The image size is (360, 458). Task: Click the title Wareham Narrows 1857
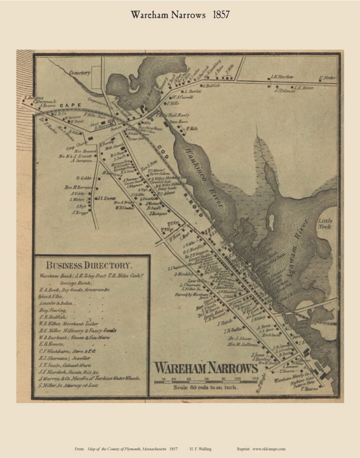click(x=180, y=15)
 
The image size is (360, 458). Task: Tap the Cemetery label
click(x=80, y=73)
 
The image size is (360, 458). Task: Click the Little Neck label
click(x=325, y=224)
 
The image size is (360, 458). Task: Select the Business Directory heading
click(x=89, y=266)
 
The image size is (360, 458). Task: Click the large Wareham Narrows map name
click(x=206, y=368)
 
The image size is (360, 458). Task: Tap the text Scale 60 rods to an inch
click(x=205, y=388)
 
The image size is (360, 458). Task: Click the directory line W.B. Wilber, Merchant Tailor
click(x=68, y=324)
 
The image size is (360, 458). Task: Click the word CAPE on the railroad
click(x=70, y=105)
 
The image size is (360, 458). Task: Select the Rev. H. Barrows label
click(x=79, y=188)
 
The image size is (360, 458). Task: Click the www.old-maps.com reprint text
click(x=269, y=449)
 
